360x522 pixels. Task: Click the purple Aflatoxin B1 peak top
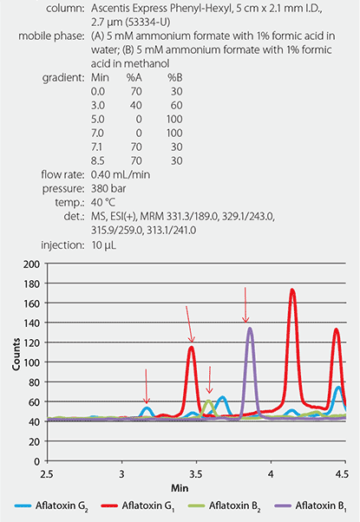[250, 328]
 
